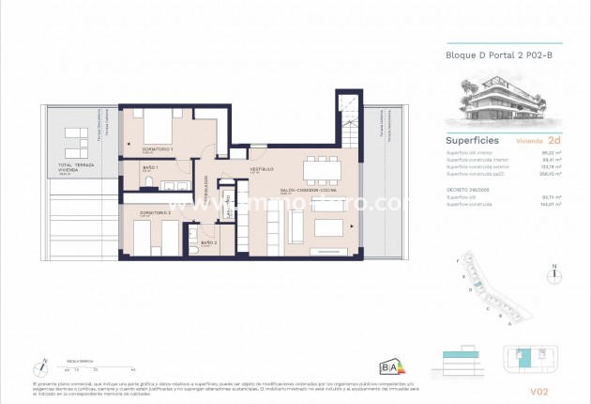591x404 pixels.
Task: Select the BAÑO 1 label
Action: click(150, 169)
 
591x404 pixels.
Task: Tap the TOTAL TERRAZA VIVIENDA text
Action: click(84, 168)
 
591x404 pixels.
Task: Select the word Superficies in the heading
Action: click(472, 141)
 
